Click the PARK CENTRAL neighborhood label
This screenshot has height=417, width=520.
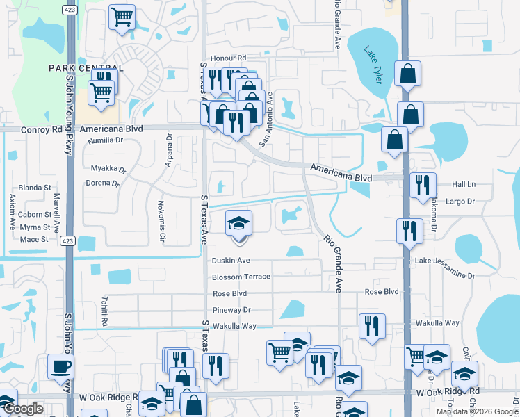(86, 67)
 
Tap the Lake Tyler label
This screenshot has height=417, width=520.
(374, 64)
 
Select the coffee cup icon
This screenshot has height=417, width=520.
(60, 366)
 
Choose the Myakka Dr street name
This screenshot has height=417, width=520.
(108, 169)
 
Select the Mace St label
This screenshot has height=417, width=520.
(34, 239)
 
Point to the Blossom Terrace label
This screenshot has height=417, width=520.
(241, 277)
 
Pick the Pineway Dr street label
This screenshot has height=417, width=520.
(231, 310)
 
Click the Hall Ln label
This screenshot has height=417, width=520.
(463, 184)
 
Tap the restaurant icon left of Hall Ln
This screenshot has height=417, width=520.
(423, 185)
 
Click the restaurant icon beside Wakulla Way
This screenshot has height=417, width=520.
(372, 325)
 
